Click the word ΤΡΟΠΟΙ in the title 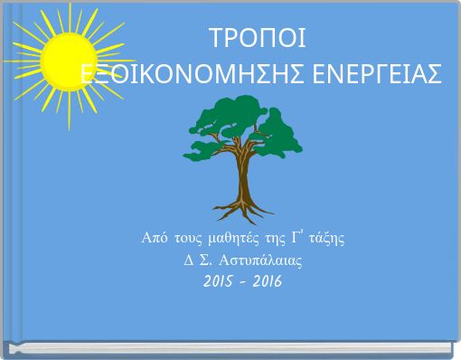click(258, 40)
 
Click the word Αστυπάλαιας click(256, 261)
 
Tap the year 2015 click(221, 281)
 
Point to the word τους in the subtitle click(186, 239)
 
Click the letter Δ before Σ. click(187, 261)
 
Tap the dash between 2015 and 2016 click(243, 282)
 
